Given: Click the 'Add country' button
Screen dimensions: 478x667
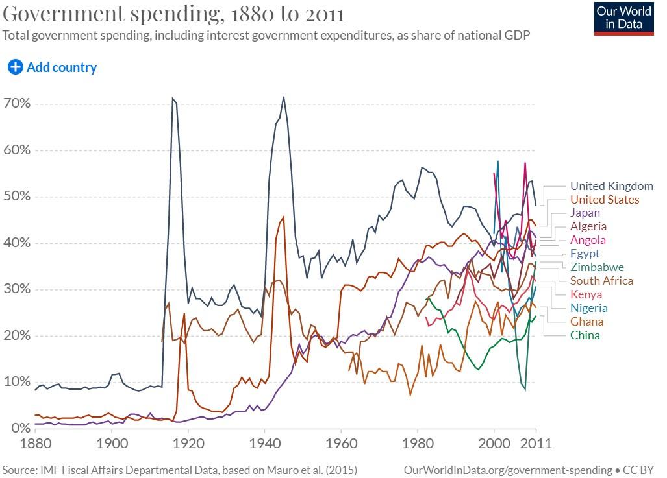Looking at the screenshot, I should (x=53, y=67).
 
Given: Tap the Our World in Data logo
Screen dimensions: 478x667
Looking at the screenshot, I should (x=623, y=18).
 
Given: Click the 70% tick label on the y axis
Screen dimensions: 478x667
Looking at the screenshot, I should (x=18, y=104).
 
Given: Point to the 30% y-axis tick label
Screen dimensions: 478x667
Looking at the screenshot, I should (x=18, y=289).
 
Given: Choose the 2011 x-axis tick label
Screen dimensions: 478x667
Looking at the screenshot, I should (x=536, y=444).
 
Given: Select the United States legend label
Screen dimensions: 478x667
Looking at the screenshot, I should (x=605, y=200).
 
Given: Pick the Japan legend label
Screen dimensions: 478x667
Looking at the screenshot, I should (x=585, y=213).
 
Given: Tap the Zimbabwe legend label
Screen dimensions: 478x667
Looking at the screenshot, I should (x=597, y=267).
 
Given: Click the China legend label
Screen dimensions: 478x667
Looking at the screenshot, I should (x=585, y=335).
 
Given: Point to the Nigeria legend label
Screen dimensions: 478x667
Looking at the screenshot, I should (x=589, y=308).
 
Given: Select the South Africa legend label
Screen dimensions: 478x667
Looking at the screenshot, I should (x=601, y=281).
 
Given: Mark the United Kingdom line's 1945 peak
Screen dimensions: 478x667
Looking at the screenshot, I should (x=283, y=97).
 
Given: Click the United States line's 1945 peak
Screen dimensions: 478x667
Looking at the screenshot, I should (x=284, y=217).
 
